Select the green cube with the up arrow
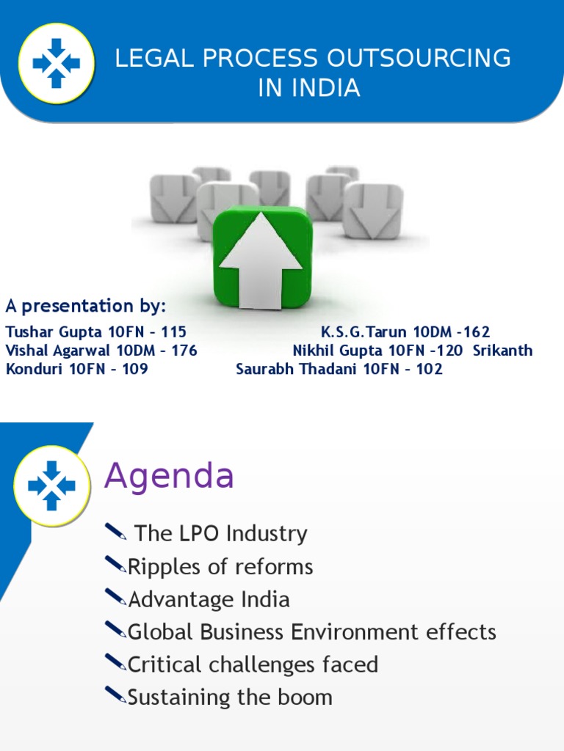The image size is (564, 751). pyautogui.click(x=262, y=256)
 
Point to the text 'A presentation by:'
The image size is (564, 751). pyautogui.click(x=86, y=306)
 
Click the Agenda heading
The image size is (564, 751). pyautogui.click(x=169, y=477)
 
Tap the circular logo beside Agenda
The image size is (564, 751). pyautogui.click(x=51, y=484)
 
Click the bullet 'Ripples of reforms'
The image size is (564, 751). pyautogui.click(x=220, y=566)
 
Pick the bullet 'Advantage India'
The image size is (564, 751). pyautogui.click(x=209, y=599)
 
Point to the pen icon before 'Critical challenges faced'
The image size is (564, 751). pyautogui.click(x=115, y=663)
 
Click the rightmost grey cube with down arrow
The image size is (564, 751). pyautogui.click(x=373, y=210)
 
